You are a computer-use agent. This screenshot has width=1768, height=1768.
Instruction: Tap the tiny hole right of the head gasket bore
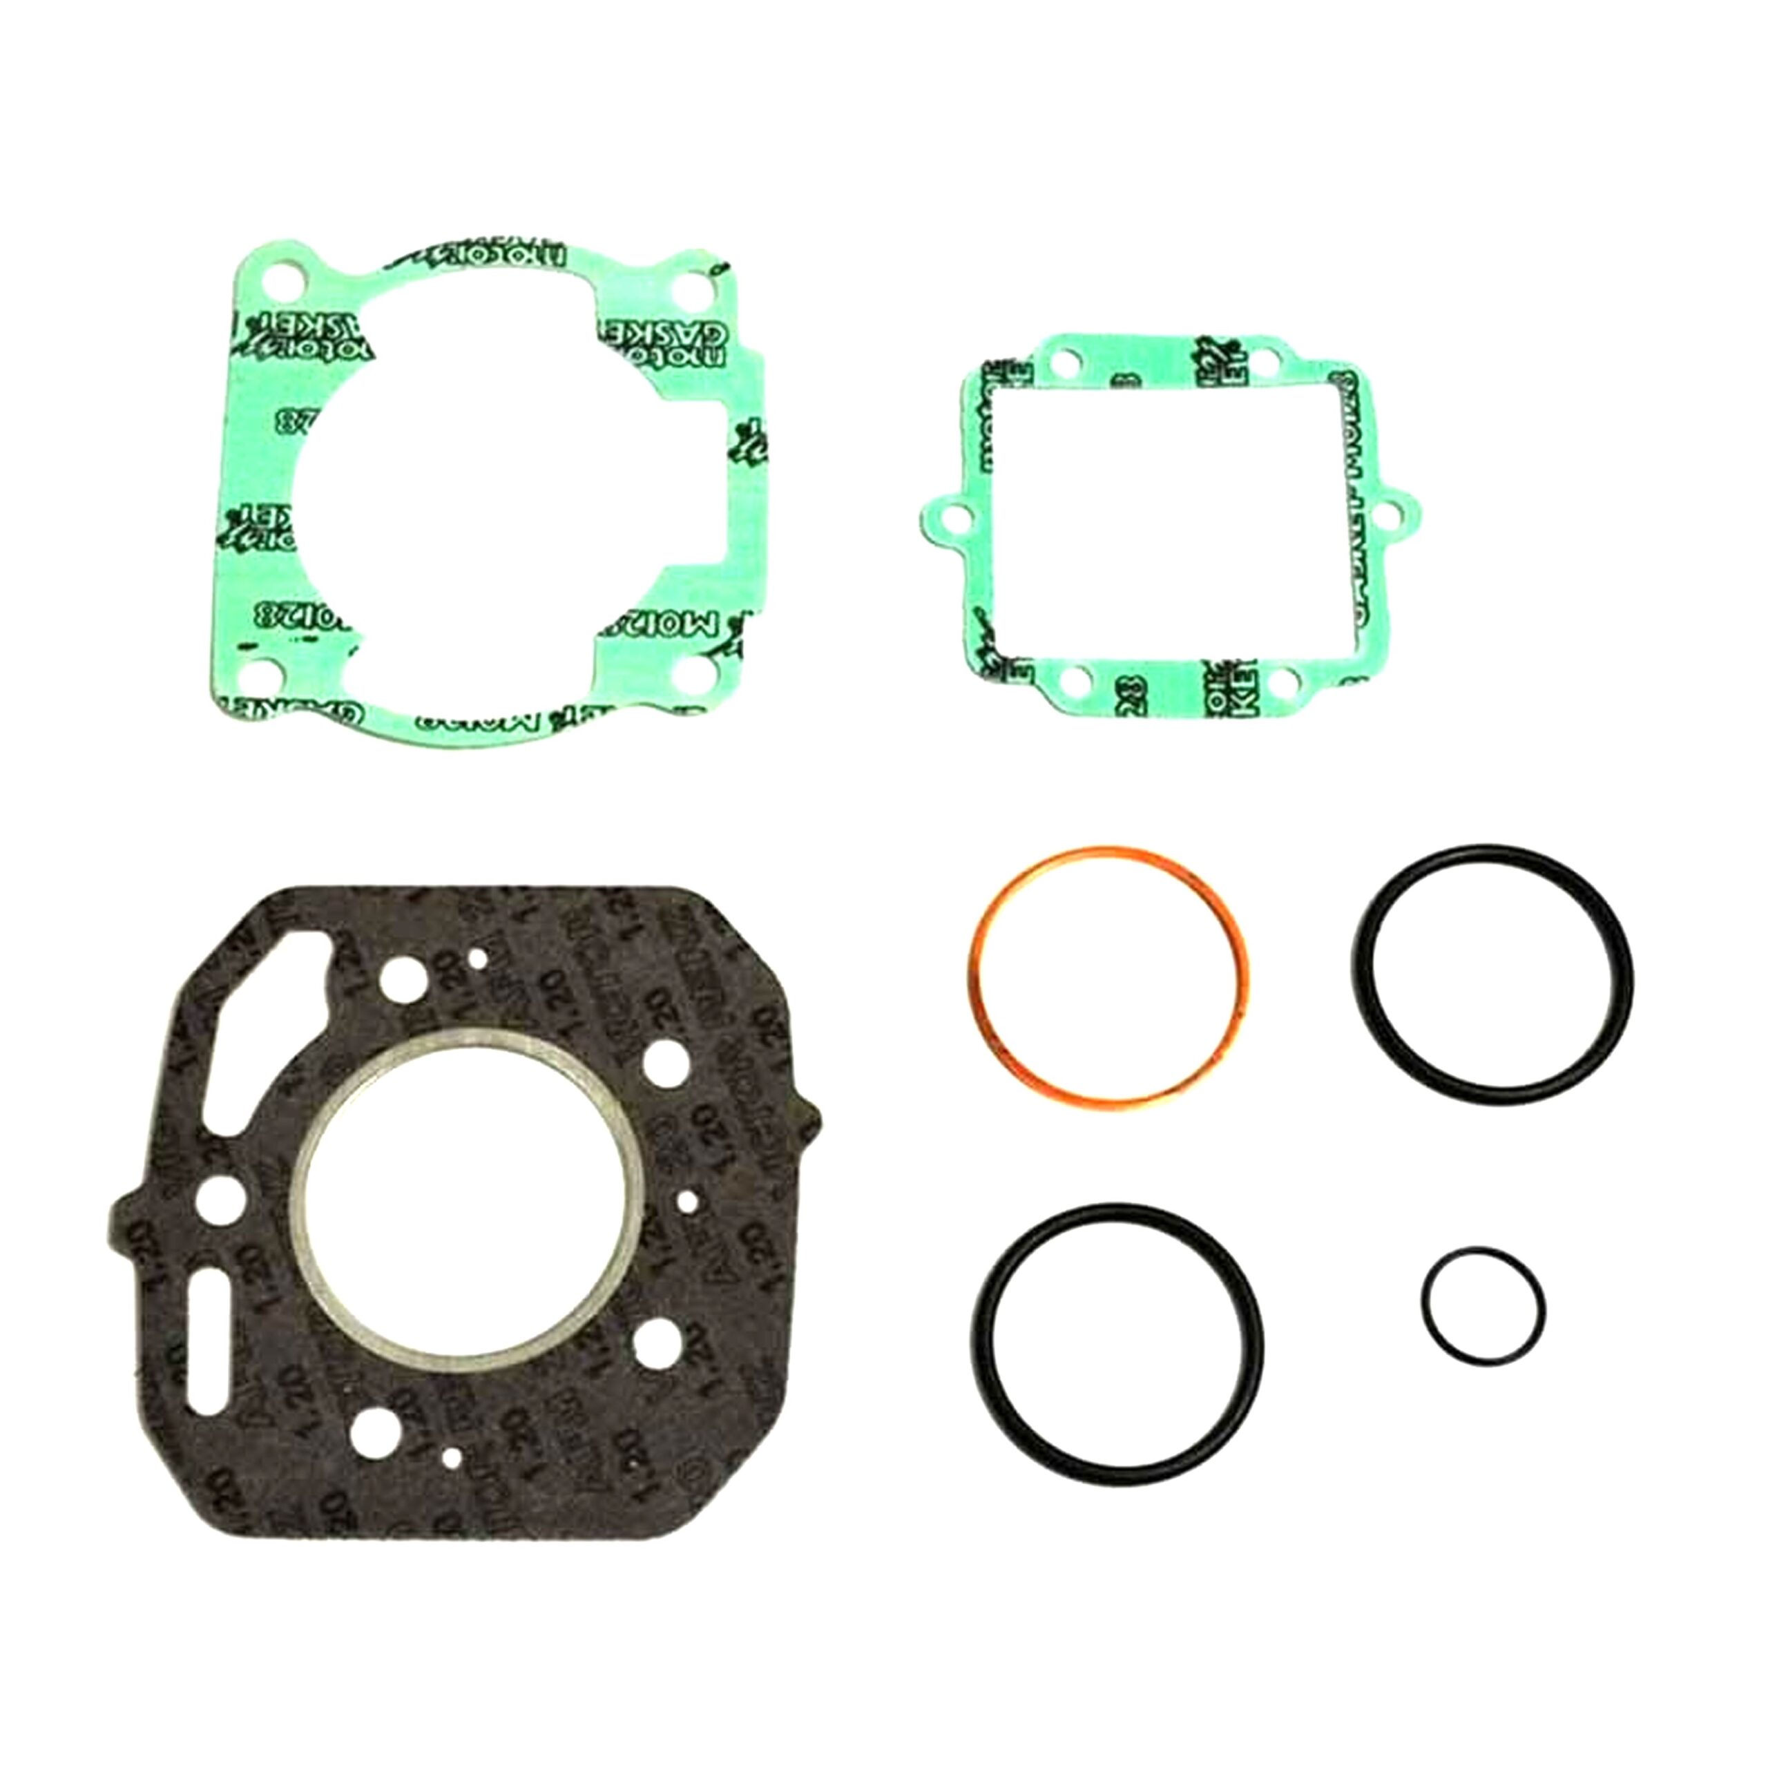point(687,1199)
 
